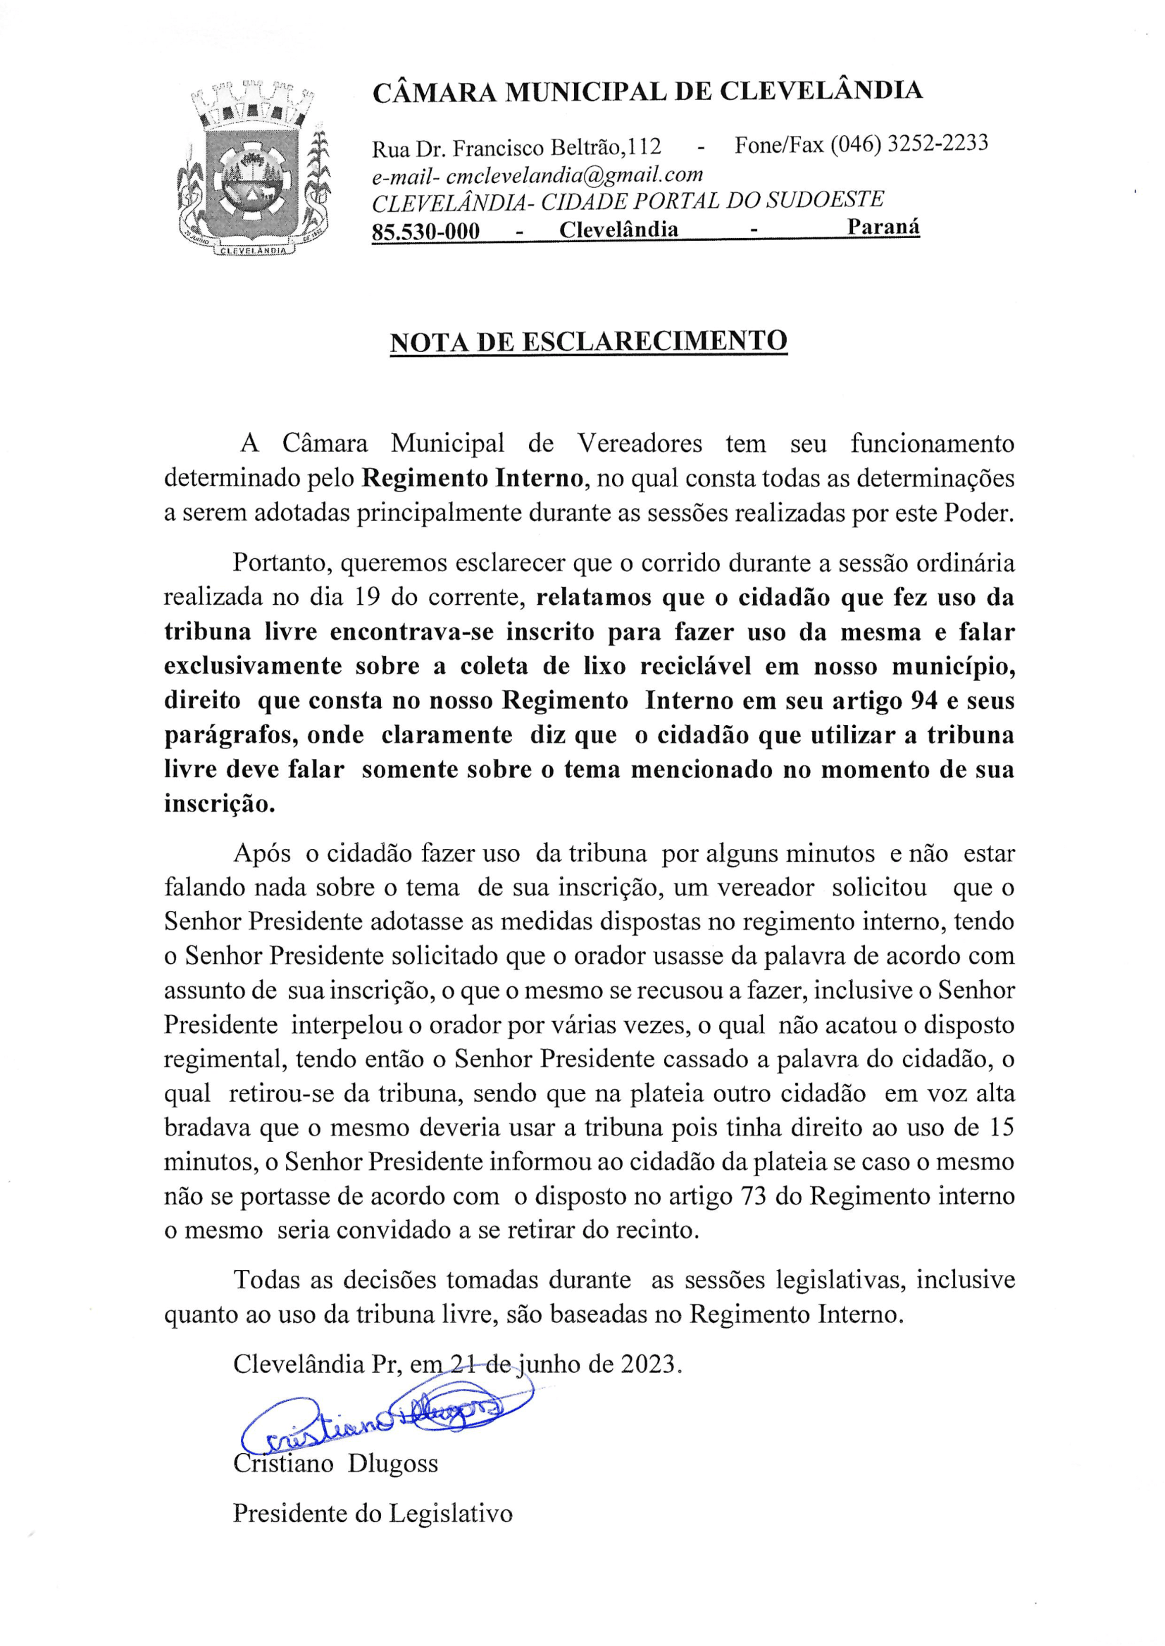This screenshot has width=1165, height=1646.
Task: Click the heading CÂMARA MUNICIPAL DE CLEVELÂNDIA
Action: tap(647, 92)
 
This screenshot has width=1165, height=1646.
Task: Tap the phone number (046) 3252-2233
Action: tap(909, 144)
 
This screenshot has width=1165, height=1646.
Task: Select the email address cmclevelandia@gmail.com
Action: tap(574, 175)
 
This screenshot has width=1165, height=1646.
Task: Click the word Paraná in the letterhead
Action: tap(883, 227)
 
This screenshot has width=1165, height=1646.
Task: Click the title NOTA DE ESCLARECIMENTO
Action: tap(588, 341)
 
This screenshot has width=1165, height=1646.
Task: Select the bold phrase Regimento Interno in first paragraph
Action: tap(472, 478)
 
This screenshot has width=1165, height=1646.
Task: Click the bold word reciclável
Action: tap(695, 666)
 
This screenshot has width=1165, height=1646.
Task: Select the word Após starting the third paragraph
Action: tap(262, 854)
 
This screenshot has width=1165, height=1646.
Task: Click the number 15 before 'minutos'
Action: tap(1001, 1128)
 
